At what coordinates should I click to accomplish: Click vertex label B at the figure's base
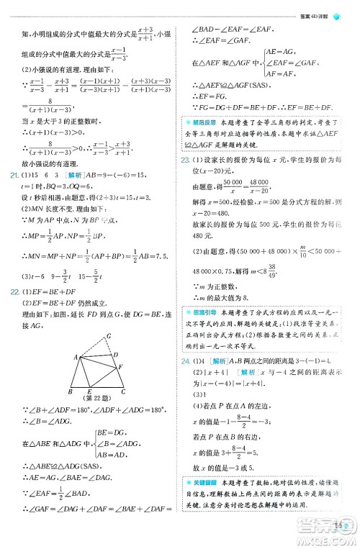click(69, 391)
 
